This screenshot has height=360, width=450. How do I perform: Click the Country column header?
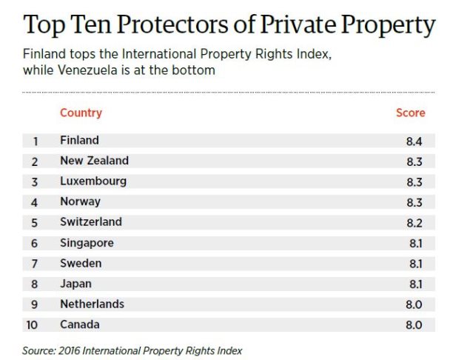click(81, 113)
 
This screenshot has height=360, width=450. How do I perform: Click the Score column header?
click(411, 113)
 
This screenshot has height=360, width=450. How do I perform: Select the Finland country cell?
click(79, 140)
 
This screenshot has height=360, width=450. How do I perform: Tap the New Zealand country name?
click(94, 161)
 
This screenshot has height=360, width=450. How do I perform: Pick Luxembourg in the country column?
click(93, 181)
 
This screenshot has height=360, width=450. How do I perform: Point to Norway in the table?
click(80, 201)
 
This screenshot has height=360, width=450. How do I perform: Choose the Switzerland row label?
click(91, 222)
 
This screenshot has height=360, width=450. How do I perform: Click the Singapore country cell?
click(87, 243)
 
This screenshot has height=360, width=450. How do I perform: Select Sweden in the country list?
click(81, 263)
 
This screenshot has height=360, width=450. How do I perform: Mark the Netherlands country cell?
click(92, 304)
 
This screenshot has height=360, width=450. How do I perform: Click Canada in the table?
click(79, 324)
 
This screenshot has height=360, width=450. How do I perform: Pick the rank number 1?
click(35, 140)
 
